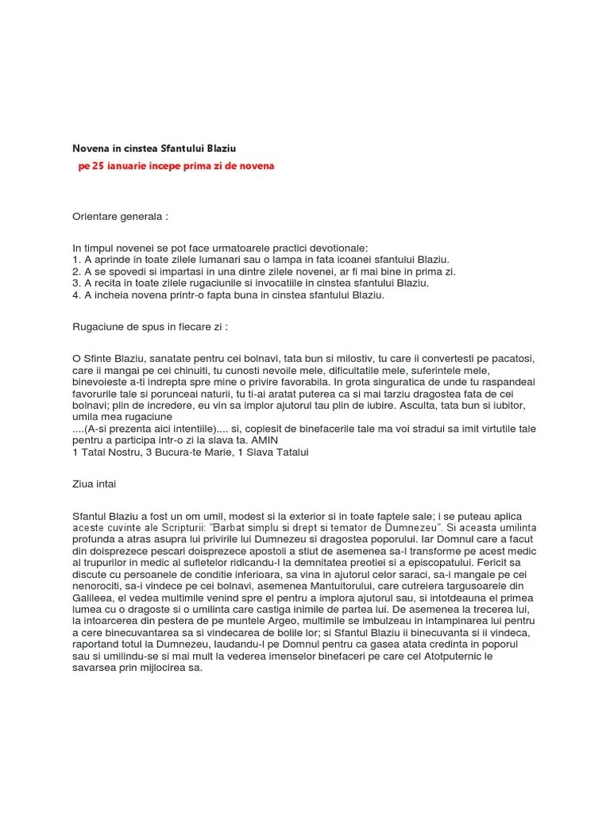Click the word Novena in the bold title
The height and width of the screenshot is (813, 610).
[x=91, y=148]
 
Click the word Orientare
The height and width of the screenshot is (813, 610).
[x=98, y=217]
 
